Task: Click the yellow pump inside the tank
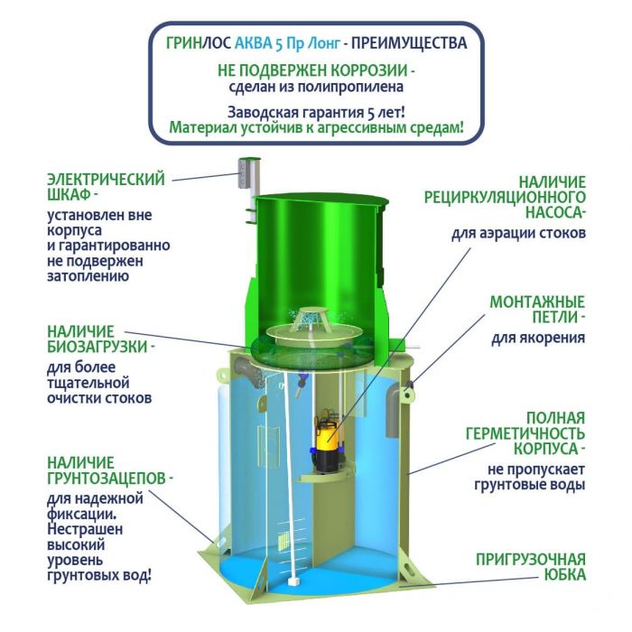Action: [x=327, y=443]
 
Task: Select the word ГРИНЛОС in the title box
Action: [x=199, y=42]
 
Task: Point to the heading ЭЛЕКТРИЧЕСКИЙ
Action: [x=106, y=180]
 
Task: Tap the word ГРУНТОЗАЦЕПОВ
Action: [x=107, y=479]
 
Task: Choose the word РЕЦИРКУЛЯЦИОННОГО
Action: [x=505, y=197]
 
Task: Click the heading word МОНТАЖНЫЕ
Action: [x=537, y=302]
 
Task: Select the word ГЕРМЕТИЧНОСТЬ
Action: [x=525, y=433]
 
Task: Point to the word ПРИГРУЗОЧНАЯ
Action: [x=531, y=560]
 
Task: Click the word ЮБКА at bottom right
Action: [x=565, y=575]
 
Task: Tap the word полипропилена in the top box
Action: [x=350, y=87]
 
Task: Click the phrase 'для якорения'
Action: [x=538, y=338]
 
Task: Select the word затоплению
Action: [x=88, y=276]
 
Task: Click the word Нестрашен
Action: [x=85, y=529]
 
